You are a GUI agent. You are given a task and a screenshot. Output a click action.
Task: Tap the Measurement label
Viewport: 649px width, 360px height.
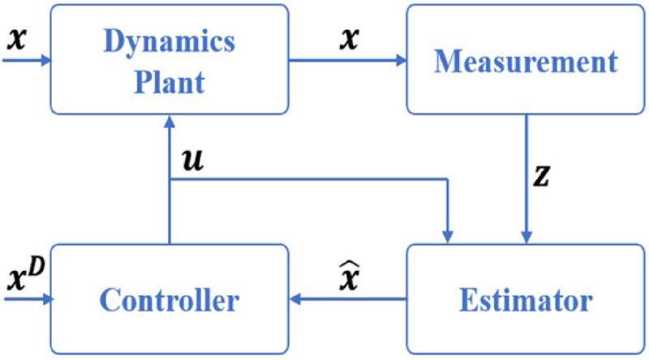pyautogui.click(x=525, y=61)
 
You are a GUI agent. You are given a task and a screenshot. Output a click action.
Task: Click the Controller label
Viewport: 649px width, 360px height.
pyautogui.click(x=170, y=301)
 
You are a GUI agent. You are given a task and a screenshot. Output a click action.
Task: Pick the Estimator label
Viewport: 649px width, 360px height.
pyautogui.click(x=525, y=301)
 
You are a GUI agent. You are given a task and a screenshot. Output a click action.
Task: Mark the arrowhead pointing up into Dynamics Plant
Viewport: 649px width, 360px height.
pyautogui.click(x=169, y=122)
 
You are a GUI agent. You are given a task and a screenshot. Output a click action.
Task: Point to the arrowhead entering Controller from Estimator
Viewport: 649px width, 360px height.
pyautogui.click(x=297, y=300)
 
